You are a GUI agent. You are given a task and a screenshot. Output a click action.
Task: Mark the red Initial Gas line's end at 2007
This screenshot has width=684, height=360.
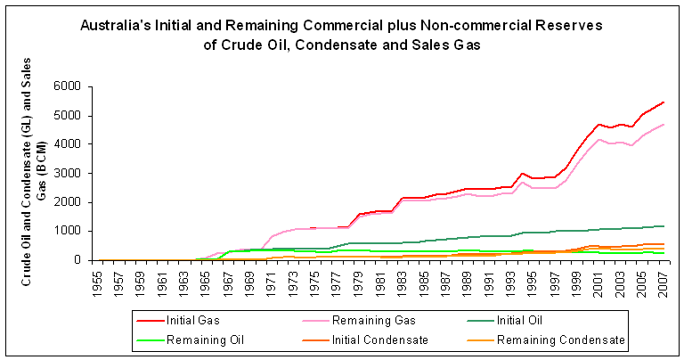click(664, 102)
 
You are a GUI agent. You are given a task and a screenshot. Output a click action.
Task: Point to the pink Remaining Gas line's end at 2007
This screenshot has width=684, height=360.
click(664, 125)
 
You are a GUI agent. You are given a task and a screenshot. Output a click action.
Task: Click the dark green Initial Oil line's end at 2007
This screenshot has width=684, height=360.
click(664, 225)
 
